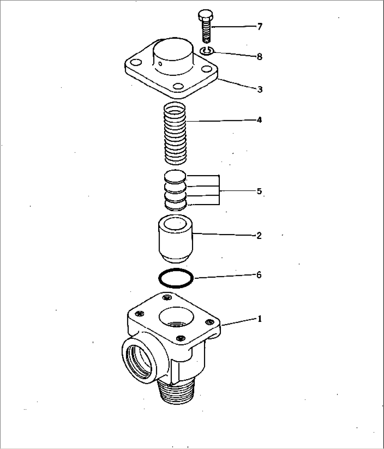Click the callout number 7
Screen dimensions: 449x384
coord(260,27)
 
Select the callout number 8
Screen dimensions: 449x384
coord(260,57)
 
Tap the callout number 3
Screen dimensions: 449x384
coord(260,90)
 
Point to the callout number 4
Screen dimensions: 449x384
coord(259,120)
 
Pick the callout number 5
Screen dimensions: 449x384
coord(259,191)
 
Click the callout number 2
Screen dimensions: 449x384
coord(259,236)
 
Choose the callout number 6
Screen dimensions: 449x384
coord(259,275)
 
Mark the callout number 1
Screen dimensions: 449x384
coord(260,319)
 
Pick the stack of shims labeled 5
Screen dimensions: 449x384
coord(175,191)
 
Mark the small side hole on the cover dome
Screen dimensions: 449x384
coord(160,64)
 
